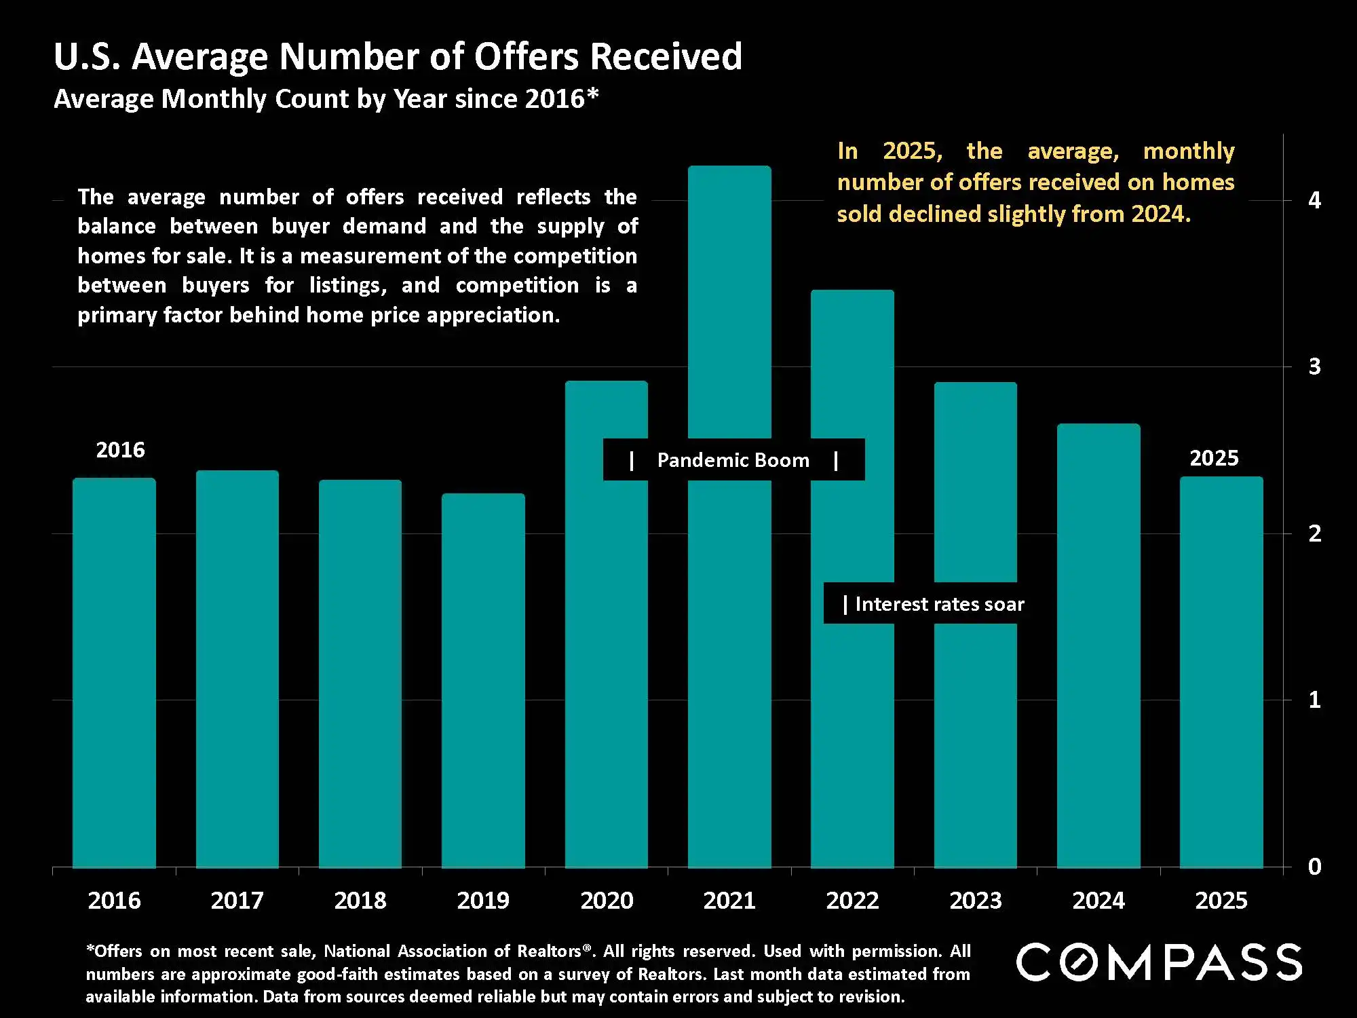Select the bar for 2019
(x=483, y=679)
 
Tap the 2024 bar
(x=1098, y=645)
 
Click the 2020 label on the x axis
(x=607, y=901)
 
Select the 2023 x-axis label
(x=976, y=901)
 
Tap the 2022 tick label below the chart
(x=852, y=901)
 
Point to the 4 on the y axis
(x=1314, y=200)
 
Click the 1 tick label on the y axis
(x=1314, y=700)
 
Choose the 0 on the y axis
(x=1314, y=867)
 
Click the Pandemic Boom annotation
(x=733, y=460)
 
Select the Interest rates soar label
(x=939, y=604)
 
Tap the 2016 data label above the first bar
(x=120, y=450)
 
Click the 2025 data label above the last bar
(x=1214, y=458)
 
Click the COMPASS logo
(x=1159, y=962)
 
